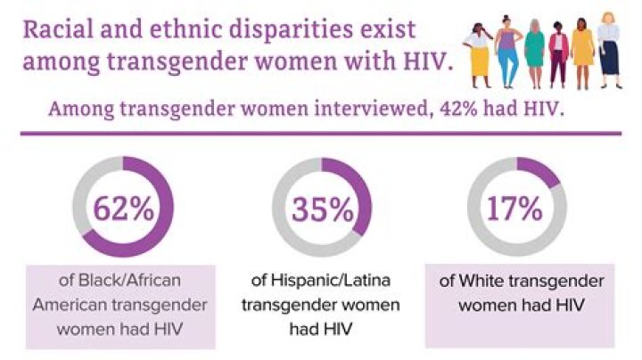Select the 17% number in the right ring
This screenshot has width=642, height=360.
[x=514, y=209]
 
